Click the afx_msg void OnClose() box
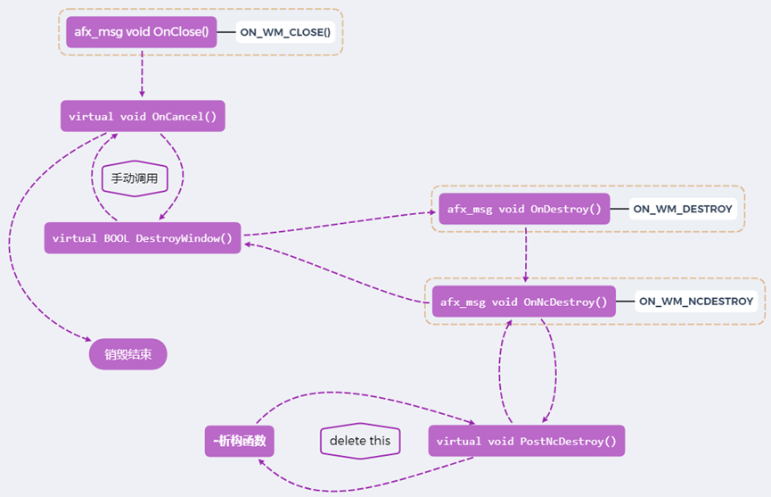point(142,33)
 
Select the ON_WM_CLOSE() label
point(285,33)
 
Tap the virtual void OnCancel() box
point(143,116)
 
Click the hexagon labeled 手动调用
point(135,178)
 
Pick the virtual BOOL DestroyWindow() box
point(143,238)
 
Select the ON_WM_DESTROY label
point(683,210)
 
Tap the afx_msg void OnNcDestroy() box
point(524,302)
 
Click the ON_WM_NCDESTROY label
point(696,302)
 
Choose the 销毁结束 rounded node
point(128,354)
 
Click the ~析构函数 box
point(239,441)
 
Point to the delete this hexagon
point(360,441)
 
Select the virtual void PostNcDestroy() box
point(526,441)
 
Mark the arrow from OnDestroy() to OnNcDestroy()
point(525,254)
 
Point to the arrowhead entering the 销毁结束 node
point(86,339)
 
